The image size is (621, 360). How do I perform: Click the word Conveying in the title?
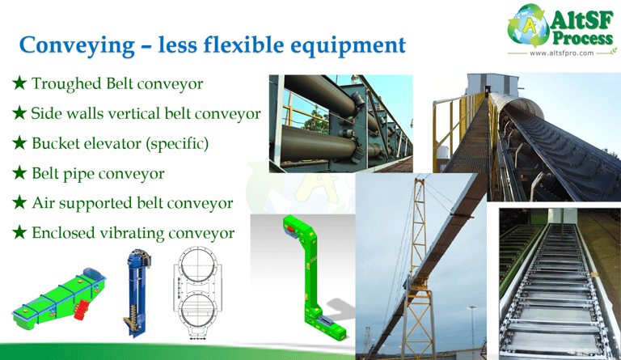point(77,46)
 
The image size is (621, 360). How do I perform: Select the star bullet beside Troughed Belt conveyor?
point(19,83)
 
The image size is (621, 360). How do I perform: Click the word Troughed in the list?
point(67,84)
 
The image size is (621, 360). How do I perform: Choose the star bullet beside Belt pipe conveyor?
point(19,172)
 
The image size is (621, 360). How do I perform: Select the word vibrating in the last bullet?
point(132,233)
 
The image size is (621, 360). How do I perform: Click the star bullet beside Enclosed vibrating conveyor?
point(19,232)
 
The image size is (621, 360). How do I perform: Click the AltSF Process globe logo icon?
point(529,26)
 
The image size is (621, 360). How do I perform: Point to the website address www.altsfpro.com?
point(562,53)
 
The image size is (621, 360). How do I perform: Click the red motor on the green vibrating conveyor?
point(81,309)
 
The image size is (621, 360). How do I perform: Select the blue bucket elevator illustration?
point(137,293)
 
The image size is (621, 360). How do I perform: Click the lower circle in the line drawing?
point(197,312)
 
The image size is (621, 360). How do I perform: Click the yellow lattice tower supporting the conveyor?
point(418,269)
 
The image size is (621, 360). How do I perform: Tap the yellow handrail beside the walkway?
point(459,127)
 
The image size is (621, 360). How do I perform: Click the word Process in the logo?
point(582,38)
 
